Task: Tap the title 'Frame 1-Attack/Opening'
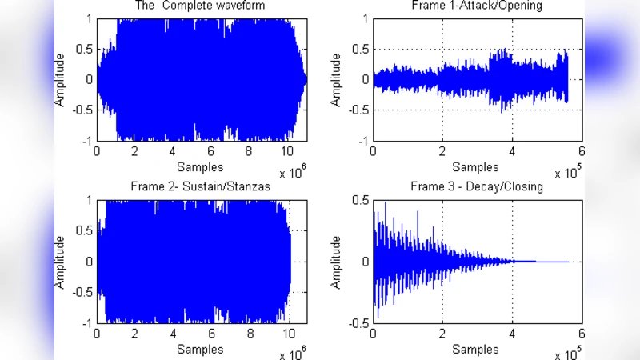(x=476, y=6)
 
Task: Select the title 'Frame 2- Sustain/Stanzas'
(x=201, y=186)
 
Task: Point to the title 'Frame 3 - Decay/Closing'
(x=476, y=186)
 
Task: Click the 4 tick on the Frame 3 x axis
(x=511, y=334)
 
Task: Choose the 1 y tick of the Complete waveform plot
(x=90, y=18)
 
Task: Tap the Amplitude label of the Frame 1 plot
(x=337, y=80)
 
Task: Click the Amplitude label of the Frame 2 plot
(x=60, y=262)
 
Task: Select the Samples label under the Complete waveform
(x=200, y=166)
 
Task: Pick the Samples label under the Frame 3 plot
(x=476, y=349)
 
